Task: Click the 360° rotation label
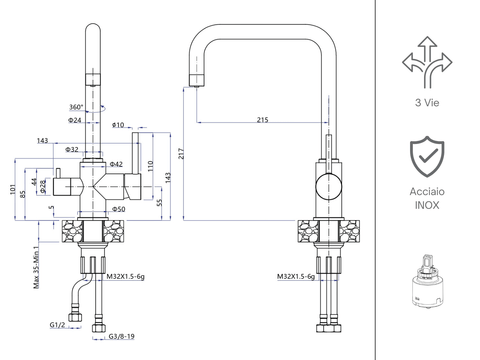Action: pos(77,107)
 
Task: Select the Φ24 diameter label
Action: pos(75,121)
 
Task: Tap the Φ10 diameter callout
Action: pos(117,125)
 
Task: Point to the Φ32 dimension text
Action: pos(72,149)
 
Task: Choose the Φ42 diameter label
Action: pos(116,163)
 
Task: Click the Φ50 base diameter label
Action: pos(118,209)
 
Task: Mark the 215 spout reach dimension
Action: pos(262,120)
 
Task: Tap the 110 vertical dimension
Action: pos(151,168)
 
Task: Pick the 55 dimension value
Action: pos(159,203)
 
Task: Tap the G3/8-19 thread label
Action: pos(121,337)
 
